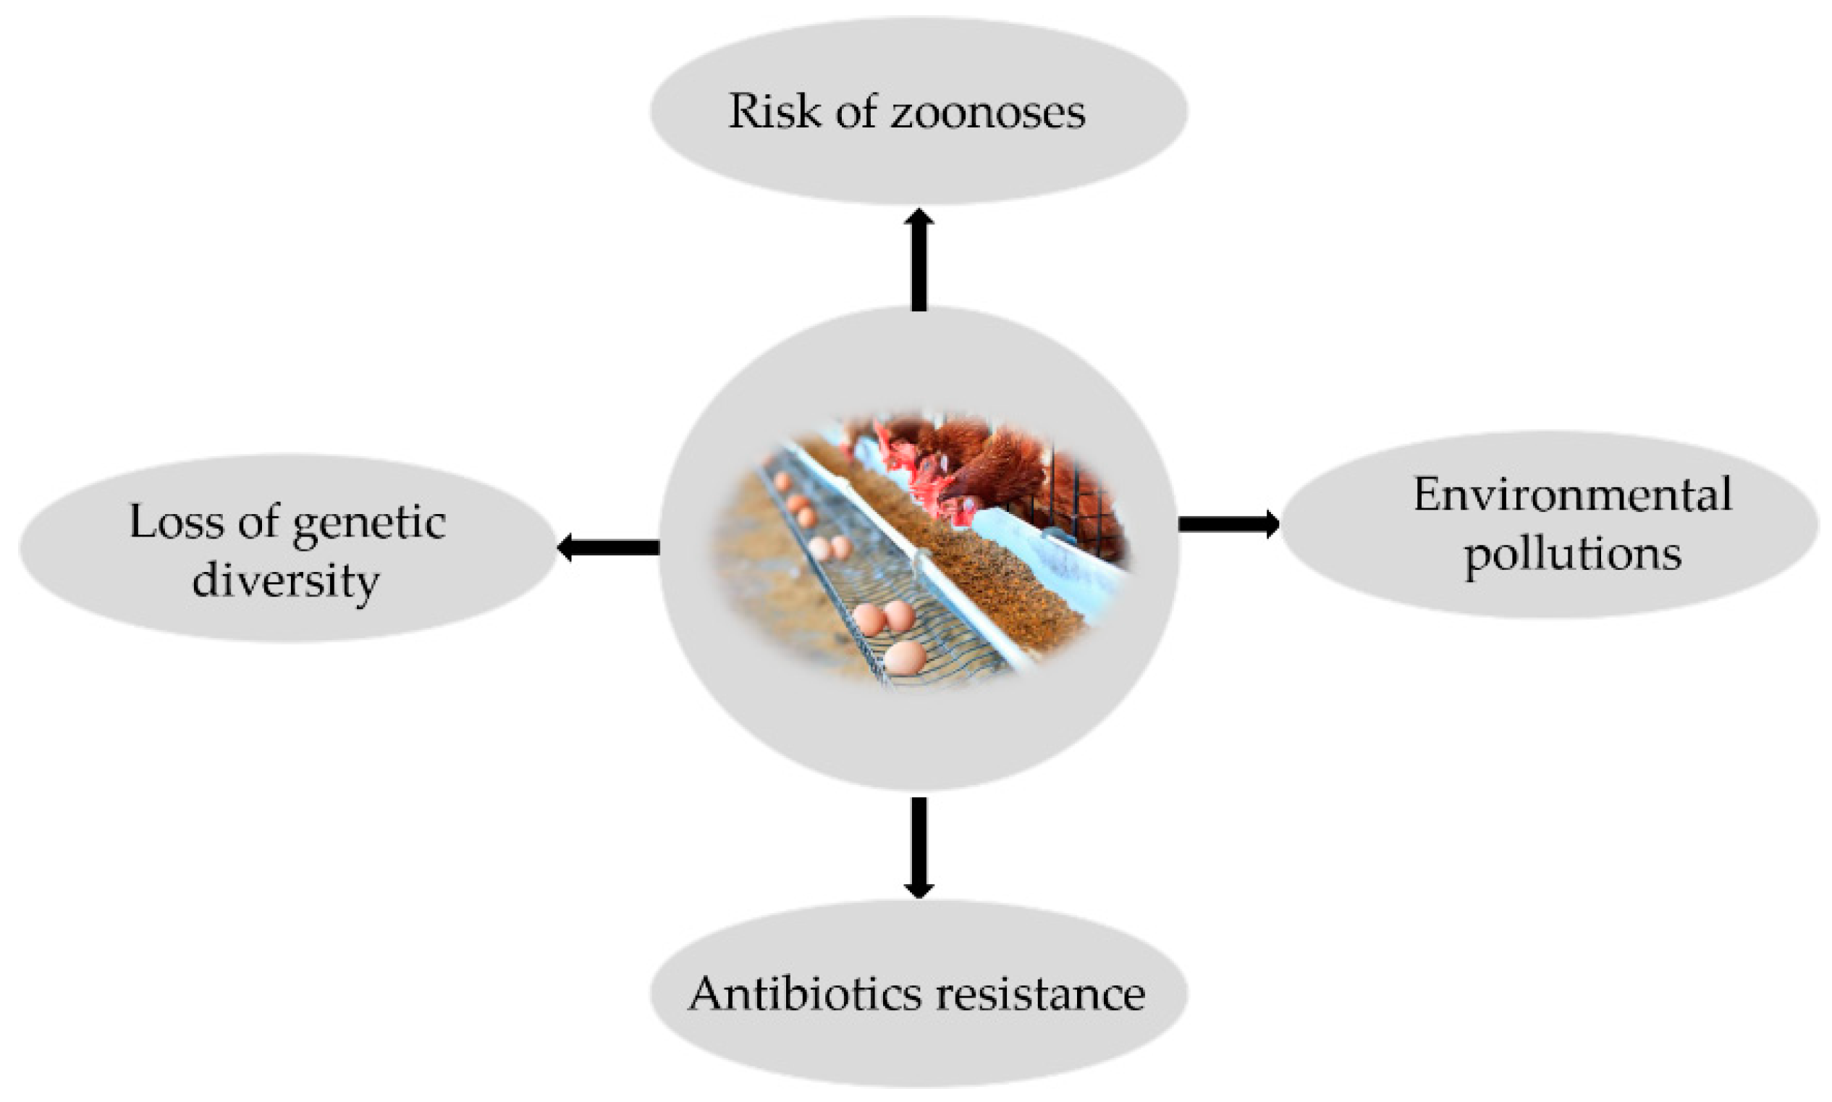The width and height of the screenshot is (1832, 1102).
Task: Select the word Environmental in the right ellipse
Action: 1572,495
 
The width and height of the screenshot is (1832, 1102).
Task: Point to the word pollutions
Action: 1572,555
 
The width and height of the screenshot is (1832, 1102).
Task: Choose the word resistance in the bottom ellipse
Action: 1040,993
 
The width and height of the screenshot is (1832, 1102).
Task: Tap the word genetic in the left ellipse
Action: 369,524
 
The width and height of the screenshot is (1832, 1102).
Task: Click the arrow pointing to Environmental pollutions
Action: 1228,523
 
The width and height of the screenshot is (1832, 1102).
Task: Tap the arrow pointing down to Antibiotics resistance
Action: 919,846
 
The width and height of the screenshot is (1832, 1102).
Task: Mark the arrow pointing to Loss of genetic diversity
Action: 608,548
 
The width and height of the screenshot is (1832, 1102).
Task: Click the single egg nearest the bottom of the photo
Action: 905,657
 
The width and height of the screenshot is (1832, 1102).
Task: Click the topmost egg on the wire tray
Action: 782,481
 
